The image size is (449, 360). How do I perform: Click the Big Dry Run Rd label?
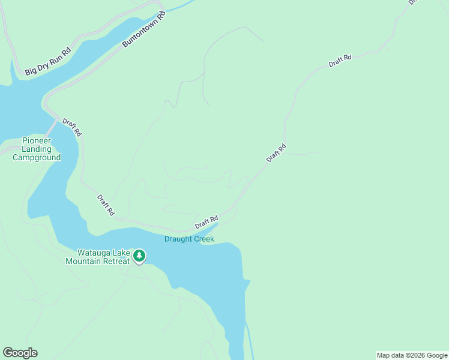48,61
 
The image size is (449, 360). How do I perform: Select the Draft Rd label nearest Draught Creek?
206,222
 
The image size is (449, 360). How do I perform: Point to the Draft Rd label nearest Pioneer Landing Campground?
71,127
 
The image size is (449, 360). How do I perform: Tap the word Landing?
37,149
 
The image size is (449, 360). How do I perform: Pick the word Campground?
37,158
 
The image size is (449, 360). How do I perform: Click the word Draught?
178,239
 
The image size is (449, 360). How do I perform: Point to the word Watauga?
93,253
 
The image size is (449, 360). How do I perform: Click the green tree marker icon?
139,256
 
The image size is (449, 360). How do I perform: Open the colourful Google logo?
20,353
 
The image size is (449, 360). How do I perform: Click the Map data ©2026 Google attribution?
412,355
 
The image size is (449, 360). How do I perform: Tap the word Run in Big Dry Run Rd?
56,57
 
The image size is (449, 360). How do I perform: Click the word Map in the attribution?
384,355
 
